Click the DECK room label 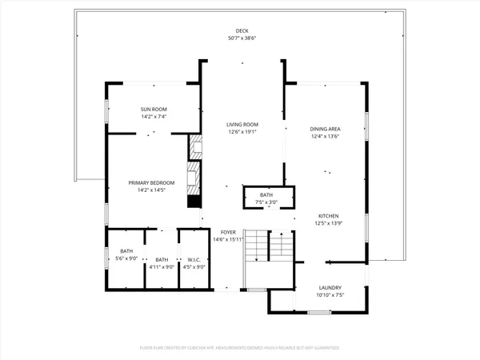242,31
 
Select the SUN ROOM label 154,110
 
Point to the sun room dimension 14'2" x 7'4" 154,117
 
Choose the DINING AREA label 326,129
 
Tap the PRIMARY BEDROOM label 151,183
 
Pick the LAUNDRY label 330,288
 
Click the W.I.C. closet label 194,259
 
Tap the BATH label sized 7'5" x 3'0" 266,195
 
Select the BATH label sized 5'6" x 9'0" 127,252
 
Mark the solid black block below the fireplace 193,202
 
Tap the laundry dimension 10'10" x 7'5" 330,295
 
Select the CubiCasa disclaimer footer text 240,349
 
